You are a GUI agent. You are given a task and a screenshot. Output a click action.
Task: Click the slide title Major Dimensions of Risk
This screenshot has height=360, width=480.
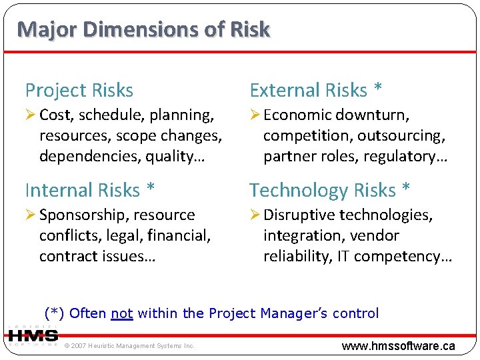click(x=143, y=29)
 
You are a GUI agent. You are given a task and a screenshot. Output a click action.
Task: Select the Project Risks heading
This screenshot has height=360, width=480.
click(x=79, y=90)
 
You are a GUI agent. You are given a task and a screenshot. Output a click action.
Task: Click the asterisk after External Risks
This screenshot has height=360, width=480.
click(x=379, y=89)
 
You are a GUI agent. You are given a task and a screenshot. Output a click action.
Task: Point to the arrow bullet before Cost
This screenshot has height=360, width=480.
click(x=31, y=115)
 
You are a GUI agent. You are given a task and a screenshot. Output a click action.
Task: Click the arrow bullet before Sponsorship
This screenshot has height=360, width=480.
click(x=31, y=215)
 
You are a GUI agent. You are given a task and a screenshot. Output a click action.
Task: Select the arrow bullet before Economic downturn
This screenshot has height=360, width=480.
click(x=255, y=115)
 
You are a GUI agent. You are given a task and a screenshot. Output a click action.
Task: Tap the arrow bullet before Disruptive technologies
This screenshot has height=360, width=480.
click(x=255, y=215)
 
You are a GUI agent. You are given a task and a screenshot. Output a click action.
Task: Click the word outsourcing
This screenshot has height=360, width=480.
click(x=401, y=136)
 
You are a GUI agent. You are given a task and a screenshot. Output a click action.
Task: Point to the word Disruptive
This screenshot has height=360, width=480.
click(x=299, y=215)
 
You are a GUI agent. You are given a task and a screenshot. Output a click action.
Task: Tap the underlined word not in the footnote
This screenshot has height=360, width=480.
click(x=122, y=313)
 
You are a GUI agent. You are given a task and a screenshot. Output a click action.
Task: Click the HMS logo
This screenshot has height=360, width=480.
click(x=33, y=337)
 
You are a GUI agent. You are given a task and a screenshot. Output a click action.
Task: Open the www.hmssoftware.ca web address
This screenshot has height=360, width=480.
click(x=398, y=345)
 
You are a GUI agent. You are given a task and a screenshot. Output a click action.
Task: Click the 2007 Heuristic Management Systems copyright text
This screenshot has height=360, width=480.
click(x=129, y=345)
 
